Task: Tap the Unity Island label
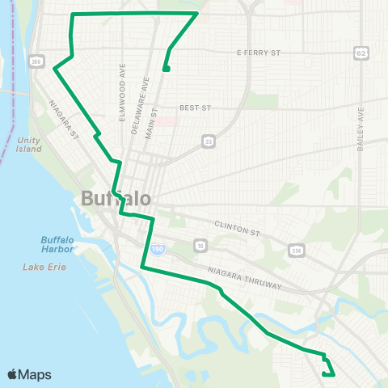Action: [x=29, y=144]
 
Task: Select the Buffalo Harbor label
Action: [x=57, y=244]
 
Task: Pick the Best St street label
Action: [x=195, y=107]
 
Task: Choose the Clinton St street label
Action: [x=238, y=229]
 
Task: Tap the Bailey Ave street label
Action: [x=360, y=130]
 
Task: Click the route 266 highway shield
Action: [x=36, y=61]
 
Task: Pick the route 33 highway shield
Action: [x=208, y=141]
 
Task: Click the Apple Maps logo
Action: [x=29, y=374]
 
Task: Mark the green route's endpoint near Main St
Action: [x=165, y=69]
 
